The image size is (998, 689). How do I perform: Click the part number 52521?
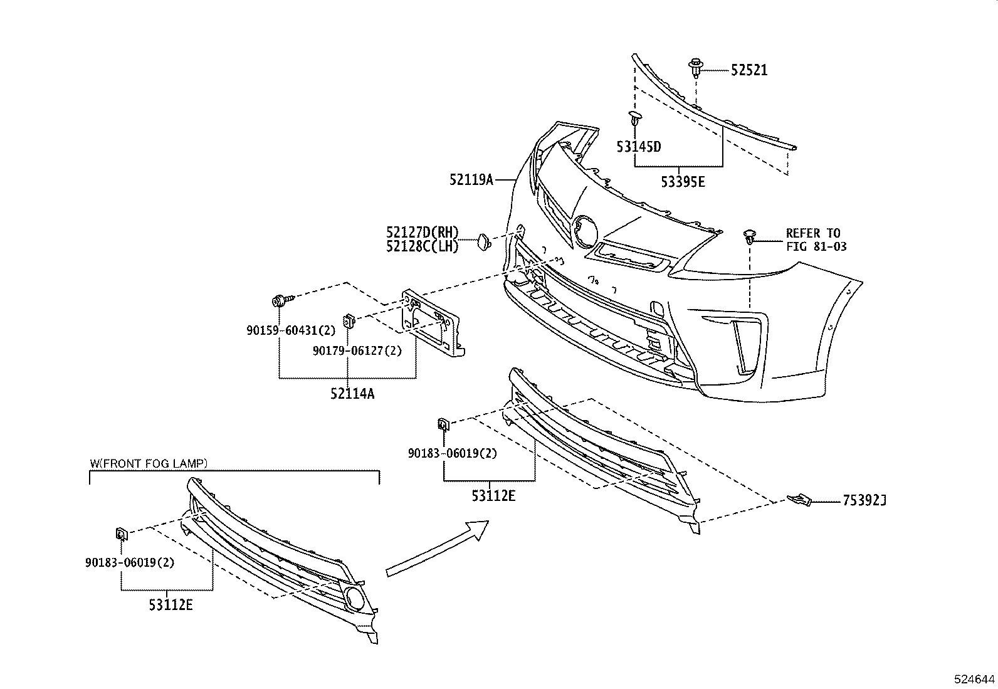pos(748,70)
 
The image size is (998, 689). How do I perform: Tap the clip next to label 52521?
pos(695,68)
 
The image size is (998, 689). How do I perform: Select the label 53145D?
pos(638,147)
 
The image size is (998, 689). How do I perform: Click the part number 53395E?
pos(683,182)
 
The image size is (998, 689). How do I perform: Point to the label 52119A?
pos(471,181)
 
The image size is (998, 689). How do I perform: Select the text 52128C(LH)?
pos(423,247)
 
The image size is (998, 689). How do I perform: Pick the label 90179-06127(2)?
pos(357,352)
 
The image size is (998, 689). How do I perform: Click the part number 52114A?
pos(352,394)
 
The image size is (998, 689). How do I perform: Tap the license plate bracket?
pos(433,323)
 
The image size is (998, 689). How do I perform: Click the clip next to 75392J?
pos(799,500)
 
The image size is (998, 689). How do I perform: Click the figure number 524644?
pos(974,679)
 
